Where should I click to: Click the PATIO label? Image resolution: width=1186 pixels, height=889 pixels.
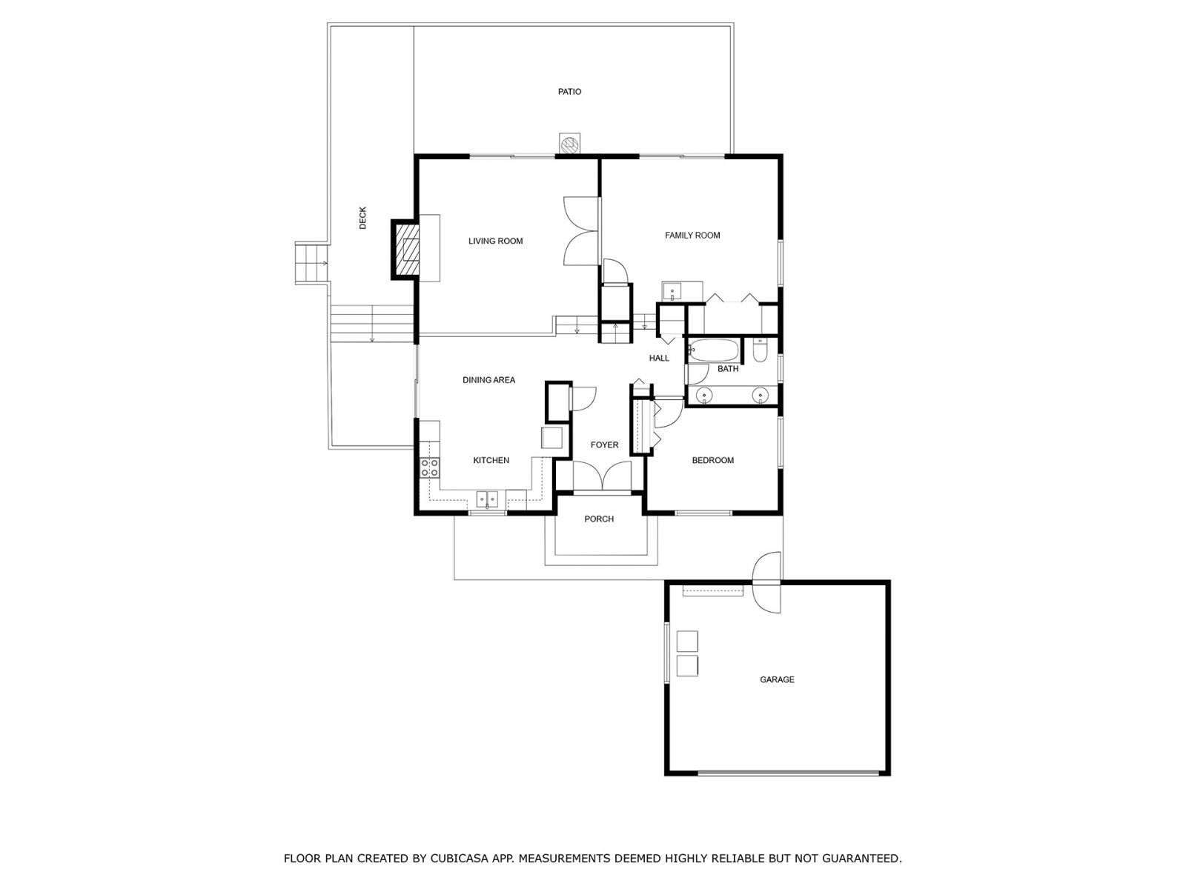click(x=569, y=92)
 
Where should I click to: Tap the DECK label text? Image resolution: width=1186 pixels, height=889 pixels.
click(x=362, y=218)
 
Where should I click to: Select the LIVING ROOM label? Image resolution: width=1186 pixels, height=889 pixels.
click(x=495, y=241)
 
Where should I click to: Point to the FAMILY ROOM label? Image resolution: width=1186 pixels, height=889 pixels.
click(x=692, y=236)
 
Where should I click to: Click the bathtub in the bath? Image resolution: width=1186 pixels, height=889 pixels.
click(x=712, y=350)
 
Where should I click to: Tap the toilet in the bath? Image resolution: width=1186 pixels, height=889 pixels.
click(x=760, y=350)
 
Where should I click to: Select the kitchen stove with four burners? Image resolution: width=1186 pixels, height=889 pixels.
click(x=429, y=467)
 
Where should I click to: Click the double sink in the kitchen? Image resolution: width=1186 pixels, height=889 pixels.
click(x=487, y=499)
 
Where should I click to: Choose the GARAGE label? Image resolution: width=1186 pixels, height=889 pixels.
click(x=777, y=679)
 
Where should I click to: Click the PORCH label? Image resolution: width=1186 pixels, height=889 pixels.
click(x=599, y=519)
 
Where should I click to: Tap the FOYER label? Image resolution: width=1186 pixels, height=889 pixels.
click(x=604, y=445)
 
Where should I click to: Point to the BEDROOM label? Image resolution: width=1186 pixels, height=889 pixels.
click(x=712, y=461)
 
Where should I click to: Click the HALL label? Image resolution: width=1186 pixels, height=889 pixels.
click(x=659, y=359)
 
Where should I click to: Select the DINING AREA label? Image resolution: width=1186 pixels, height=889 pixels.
click(x=488, y=380)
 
